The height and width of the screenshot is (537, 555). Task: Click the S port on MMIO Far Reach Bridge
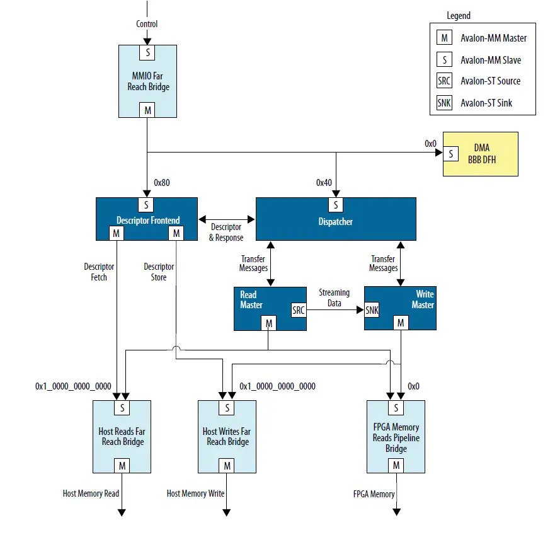click(147, 52)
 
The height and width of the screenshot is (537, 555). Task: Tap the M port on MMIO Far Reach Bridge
click(147, 110)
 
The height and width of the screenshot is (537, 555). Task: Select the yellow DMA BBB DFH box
click(480, 154)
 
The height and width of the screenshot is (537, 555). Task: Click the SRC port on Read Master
click(298, 309)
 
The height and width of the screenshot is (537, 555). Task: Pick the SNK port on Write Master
click(372, 309)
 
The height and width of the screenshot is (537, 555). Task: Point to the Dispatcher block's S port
click(335, 205)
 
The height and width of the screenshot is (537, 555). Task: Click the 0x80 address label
click(162, 183)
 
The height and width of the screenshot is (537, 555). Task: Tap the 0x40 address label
click(324, 183)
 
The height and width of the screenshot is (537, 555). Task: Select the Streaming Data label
click(334, 297)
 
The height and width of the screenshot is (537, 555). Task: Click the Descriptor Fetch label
click(99, 272)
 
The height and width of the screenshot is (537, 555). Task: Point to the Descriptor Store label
click(159, 272)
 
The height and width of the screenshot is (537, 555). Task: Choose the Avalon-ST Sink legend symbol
click(444, 103)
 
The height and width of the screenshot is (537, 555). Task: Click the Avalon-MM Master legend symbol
click(444, 38)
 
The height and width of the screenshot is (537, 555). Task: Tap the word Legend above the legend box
click(458, 16)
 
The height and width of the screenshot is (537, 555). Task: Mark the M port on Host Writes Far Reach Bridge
click(227, 466)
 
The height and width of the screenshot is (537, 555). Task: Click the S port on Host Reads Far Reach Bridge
click(122, 408)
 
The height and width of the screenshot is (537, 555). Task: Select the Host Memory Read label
click(91, 494)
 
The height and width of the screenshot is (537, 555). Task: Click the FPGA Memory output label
click(374, 494)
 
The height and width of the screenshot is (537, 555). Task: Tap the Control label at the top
click(147, 24)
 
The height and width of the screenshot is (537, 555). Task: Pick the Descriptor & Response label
click(226, 232)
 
